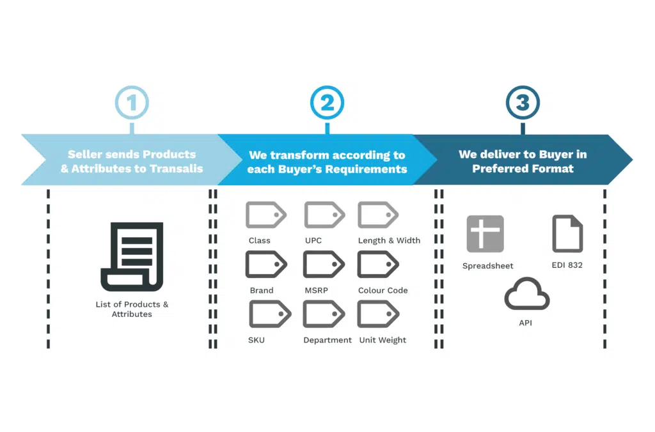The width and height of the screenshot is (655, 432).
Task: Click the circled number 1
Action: pyautogui.click(x=132, y=103)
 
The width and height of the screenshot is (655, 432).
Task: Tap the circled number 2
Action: pyautogui.click(x=327, y=103)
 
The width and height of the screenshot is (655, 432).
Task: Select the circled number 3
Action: pyautogui.click(x=523, y=103)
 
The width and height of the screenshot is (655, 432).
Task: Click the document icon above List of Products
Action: pyautogui.click(x=132, y=257)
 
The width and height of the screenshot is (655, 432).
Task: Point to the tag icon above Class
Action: pyautogui.click(x=266, y=215)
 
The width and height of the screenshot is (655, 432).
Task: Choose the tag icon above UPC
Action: pyautogui.click(x=324, y=215)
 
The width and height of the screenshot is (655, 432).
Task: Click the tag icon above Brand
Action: pyautogui.click(x=266, y=264)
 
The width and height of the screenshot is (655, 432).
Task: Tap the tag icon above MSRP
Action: pyautogui.click(x=324, y=264)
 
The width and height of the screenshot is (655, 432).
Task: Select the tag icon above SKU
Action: pyautogui.click(x=270, y=314)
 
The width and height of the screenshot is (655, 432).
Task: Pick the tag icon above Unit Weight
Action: pyautogui.click(x=379, y=314)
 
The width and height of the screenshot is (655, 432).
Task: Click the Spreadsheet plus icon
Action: pyautogui.click(x=485, y=234)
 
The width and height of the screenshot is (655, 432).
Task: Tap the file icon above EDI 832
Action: pyautogui.click(x=567, y=234)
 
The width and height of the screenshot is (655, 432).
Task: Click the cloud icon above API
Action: pyautogui.click(x=527, y=294)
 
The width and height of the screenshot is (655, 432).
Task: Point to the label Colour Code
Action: pyautogui.click(x=383, y=291)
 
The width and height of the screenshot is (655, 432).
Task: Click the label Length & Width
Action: pyautogui.click(x=389, y=241)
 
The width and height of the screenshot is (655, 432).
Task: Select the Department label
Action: pyautogui.click(x=327, y=340)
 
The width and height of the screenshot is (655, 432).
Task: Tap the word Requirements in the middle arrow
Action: pyautogui.click(x=367, y=169)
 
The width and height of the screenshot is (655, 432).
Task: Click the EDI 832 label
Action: pyautogui.click(x=567, y=265)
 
